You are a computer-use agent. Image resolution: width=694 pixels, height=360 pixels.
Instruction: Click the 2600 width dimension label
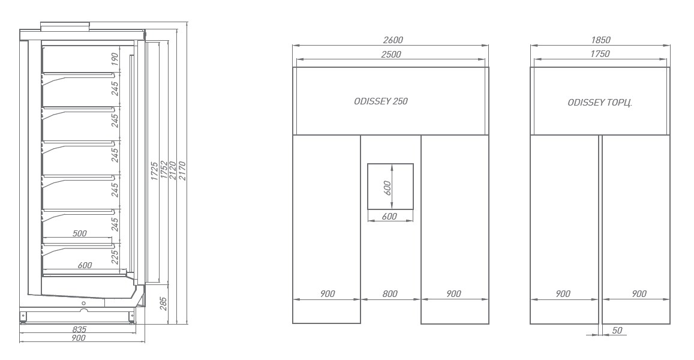pyautogui.click(x=393, y=40)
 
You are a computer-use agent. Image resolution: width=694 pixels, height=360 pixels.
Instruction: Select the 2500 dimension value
pyautogui.click(x=391, y=55)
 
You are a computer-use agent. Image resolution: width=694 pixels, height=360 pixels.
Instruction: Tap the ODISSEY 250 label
pyautogui.click(x=381, y=101)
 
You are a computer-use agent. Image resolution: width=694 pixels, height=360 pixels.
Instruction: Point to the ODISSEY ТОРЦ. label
pyautogui.click(x=600, y=103)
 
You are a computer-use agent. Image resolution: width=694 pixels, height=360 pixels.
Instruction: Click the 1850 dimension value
pyautogui.click(x=600, y=40)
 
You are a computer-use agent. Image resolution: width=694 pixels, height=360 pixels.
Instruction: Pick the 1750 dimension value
pyautogui.click(x=600, y=54)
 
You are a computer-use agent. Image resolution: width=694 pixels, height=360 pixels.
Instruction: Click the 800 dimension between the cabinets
pyautogui.click(x=389, y=293)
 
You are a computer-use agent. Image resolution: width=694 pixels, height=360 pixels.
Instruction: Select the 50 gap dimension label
pyautogui.click(x=617, y=331)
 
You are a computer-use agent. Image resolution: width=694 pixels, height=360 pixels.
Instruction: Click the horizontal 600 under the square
pyautogui.click(x=389, y=217)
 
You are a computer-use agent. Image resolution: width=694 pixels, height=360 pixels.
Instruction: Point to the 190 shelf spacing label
pyautogui.click(x=115, y=58)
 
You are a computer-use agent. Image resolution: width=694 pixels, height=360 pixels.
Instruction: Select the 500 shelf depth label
pyautogui.click(x=79, y=233)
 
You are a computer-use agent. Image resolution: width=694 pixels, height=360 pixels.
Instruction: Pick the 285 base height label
pyautogui.click(x=163, y=304)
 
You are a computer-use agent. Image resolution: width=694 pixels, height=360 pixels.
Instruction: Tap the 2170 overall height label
pyautogui.click(x=182, y=170)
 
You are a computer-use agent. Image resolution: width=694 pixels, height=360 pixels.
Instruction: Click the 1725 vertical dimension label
pyautogui.click(x=155, y=170)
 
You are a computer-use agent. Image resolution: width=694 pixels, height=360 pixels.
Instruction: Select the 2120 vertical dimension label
pyautogui.click(x=173, y=170)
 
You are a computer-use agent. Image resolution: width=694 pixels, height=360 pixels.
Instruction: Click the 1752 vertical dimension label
pyautogui.click(x=164, y=170)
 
